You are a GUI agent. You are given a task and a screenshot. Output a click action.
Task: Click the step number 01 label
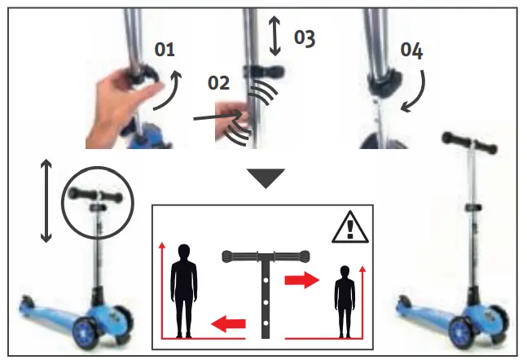click(165, 50)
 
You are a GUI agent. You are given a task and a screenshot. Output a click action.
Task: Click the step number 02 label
click(218, 83)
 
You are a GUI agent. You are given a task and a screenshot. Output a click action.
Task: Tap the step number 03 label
click(304, 38)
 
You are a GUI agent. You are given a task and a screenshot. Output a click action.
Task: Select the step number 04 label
click(411, 50)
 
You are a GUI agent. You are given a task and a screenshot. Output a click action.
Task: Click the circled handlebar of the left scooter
click(96, 196)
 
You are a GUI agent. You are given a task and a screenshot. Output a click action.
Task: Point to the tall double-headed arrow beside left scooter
click(46, 200)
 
